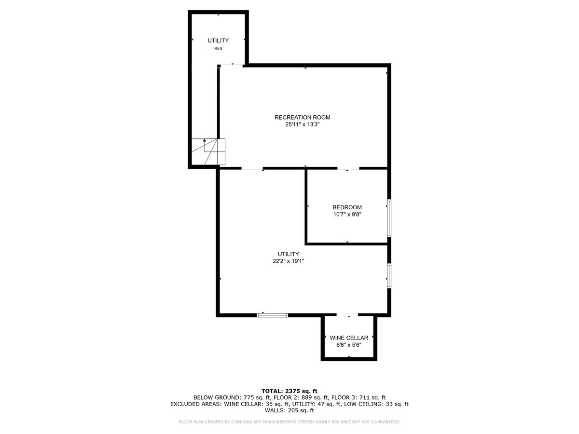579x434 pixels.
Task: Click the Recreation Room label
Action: pos(303,117)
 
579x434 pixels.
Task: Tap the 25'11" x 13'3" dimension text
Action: pos(303,124)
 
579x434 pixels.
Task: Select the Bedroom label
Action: pos(347,207)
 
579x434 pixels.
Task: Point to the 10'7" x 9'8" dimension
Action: pos(347,214)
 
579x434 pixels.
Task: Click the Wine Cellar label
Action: pos(349,338)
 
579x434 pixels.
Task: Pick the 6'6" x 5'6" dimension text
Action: pos(349,345)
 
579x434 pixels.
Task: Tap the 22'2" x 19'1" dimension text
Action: pos(289,261)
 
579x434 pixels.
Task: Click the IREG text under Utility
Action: pos(218,49)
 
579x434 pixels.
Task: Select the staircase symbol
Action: pos(208,151)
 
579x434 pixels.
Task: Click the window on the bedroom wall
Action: pos(389,217)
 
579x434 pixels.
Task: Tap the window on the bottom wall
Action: pos(272,315)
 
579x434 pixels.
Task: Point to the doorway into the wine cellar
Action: pos(347,314)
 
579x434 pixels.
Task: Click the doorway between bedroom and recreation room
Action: pos(348,168)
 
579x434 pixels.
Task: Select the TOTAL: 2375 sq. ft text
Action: pos(289,391)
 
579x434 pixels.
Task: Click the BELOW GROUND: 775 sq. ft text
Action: pos(232,397)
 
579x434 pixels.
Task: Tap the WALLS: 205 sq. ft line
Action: pos(289,410)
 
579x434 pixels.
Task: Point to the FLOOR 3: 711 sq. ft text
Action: pos(358,397)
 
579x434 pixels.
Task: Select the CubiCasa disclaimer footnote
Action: pos(289,422)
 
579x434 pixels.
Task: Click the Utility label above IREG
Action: pos(218,41)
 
